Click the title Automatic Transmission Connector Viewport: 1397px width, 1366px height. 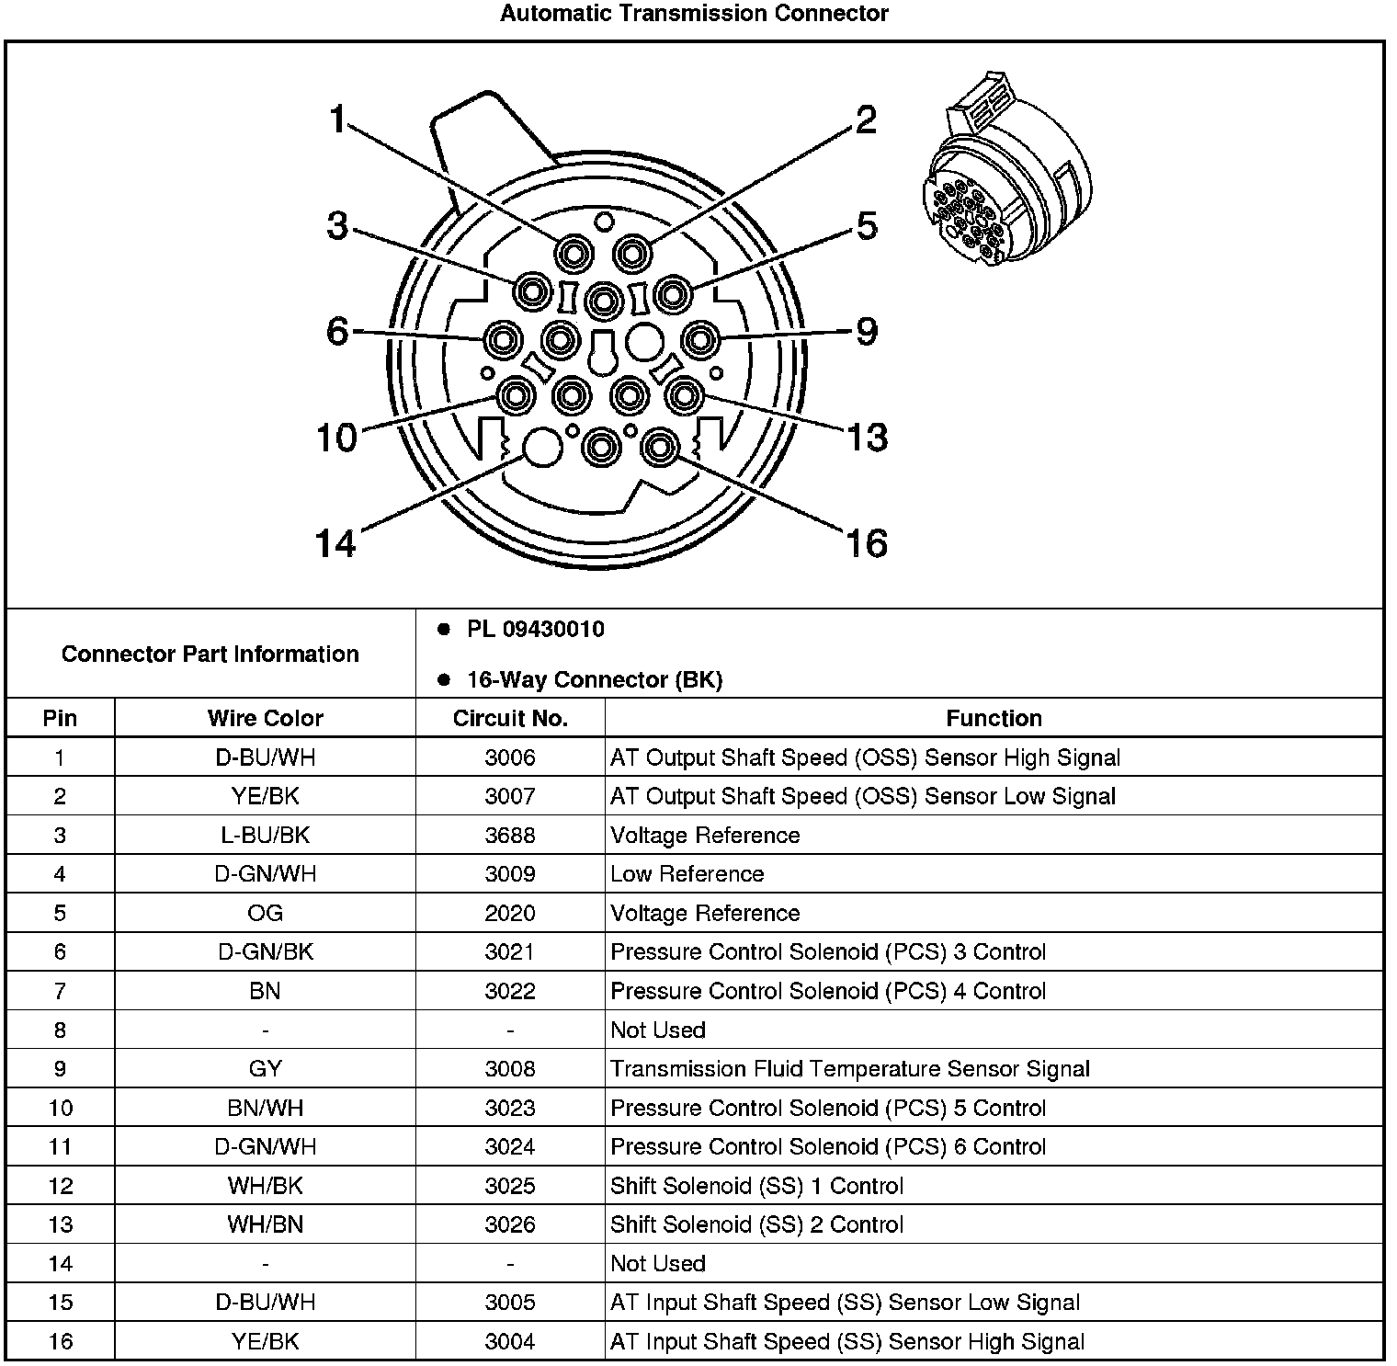(x=694, y=14)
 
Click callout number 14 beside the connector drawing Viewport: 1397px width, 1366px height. (x=335, y=542)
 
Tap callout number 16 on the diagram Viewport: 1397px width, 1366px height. (x=866, y=542)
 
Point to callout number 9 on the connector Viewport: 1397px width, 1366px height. (x=867, y=332)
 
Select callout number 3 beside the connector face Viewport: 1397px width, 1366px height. (x=338, y=225)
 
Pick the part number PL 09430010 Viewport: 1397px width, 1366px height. (x=535, y=630)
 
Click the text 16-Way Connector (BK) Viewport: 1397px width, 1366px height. (x=594, y=680)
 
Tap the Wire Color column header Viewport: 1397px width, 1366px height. (x=265, y=718)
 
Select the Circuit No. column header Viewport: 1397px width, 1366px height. (x=510, y=718)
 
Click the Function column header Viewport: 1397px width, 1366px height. (x=994, y=718)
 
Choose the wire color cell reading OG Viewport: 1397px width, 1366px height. (x=265, y=913)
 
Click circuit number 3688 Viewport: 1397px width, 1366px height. (x=510, y=835)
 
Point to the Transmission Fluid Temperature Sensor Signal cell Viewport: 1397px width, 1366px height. (x=849, y=1069)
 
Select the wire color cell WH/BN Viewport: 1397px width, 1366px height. (x=265, y=1224)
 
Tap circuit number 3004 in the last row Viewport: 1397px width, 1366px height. (x=510, y=1341)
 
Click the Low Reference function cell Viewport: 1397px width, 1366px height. (x=687, y=874)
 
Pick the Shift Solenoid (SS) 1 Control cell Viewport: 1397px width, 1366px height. (x=756, y=1186)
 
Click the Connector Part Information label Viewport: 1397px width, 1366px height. (x=210, y=654)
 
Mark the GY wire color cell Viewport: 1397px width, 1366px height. (x=265, y=1069)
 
